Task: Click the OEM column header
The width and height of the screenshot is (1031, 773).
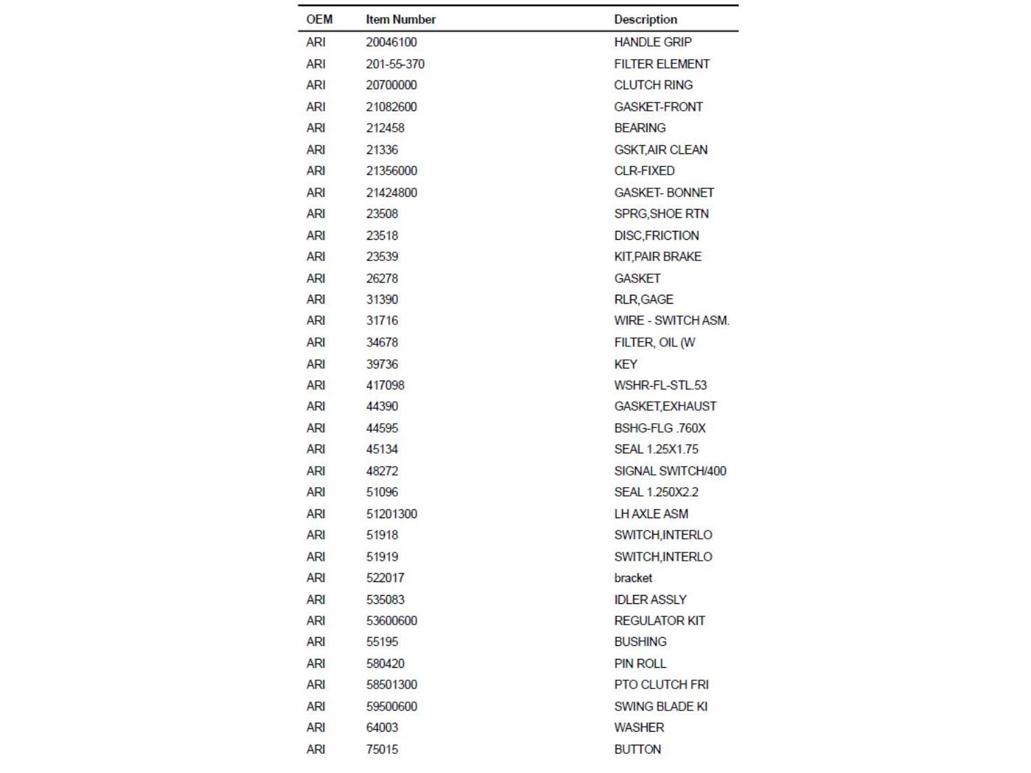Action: (319, 19)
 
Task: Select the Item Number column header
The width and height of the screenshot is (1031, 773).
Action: (400, 19)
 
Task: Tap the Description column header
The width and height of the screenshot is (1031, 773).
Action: (645, 19)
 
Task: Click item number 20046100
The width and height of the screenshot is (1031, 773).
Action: (391, 42)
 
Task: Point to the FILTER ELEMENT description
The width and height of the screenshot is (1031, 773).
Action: (661, 64)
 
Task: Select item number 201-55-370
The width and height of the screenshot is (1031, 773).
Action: (395, 64)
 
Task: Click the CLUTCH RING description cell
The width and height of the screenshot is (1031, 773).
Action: (653, 85)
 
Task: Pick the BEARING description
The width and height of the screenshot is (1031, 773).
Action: (639, 128)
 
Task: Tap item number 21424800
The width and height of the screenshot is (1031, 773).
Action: (391, 192)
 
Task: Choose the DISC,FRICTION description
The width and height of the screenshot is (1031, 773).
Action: (656, 235)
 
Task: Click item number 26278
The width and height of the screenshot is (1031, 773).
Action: (381, 278)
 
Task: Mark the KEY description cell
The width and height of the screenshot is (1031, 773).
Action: (625, 364)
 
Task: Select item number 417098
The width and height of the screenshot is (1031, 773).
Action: (385, 385)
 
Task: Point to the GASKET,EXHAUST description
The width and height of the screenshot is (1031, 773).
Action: (665, 406)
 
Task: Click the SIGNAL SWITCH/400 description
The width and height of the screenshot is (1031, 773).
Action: (669, 471)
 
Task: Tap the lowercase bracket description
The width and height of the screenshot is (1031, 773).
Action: (633, 578)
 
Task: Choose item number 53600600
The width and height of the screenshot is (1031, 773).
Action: (391, 620)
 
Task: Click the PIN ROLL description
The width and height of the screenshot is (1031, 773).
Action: (640, 663)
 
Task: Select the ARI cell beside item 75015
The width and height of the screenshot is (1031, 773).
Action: (315, 749)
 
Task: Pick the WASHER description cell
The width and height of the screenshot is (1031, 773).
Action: (639, 727)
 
